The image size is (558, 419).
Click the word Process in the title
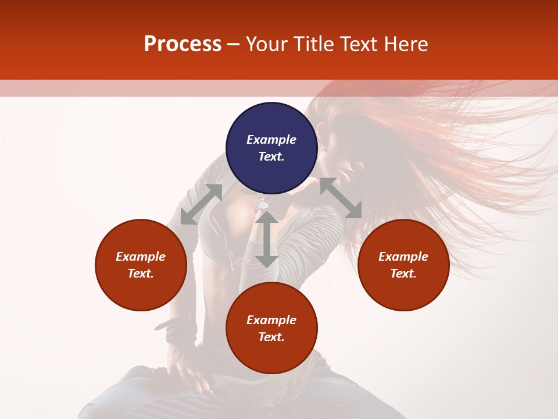pos(183,44)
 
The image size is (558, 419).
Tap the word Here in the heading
pos(406,44)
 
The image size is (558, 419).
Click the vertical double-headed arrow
pos(267,239)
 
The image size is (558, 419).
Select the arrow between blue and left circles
pos(201,204)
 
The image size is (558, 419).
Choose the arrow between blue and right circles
pos(341,198)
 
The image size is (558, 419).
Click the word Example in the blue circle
pos(271,140)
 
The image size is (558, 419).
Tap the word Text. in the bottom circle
pos(271,337)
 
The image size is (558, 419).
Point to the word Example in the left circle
pos(141,257)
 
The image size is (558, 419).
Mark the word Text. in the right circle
pos(403,274)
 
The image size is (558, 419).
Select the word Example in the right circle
pos(403,257)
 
